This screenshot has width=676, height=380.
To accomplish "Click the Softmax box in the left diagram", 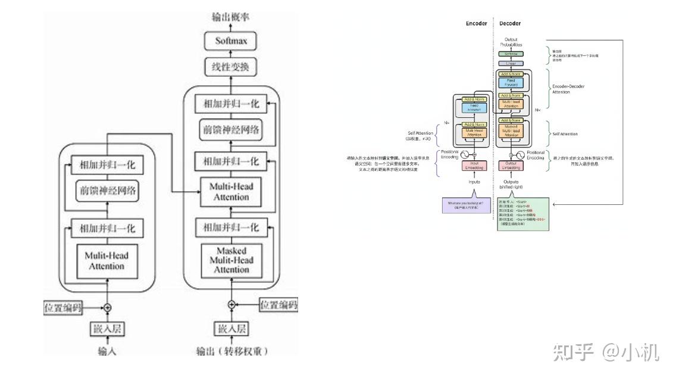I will tap(231, 41).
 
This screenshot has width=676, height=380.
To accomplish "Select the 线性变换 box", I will tap(231, 67).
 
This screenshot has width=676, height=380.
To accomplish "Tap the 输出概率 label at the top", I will tap(230, 17).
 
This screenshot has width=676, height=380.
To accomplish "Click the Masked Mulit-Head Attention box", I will tap(231, 260).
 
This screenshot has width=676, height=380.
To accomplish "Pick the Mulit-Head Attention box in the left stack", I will tap(107, 261).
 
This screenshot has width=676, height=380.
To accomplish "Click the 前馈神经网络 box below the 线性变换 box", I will tap(231, 130).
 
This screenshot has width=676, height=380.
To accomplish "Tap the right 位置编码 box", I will tap(278, 305).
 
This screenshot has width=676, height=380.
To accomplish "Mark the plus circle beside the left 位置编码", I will tap(108, 307).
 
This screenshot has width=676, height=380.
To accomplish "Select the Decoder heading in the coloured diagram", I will tap(510, 24).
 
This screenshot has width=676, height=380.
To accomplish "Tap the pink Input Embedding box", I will tap(475, 166).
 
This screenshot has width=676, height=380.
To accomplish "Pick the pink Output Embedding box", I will tap(510, 166).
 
